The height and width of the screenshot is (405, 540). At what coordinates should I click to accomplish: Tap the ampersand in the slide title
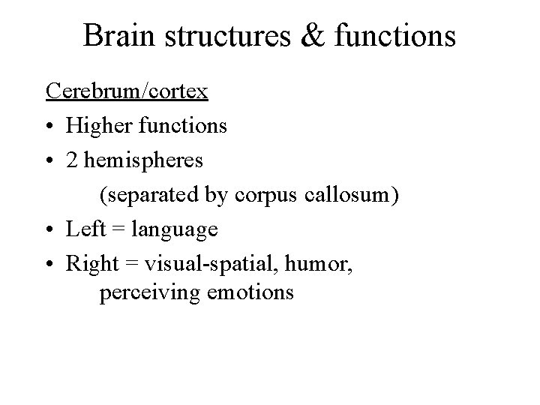[x=311, y=36]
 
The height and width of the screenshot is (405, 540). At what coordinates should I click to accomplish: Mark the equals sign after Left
[x=116, y=229]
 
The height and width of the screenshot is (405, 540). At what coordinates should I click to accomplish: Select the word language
[x=175, y=230]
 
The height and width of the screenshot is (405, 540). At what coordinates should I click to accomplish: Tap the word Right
[x=90, y=264]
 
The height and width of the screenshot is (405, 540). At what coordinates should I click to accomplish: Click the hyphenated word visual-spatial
[x=217, y=264]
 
